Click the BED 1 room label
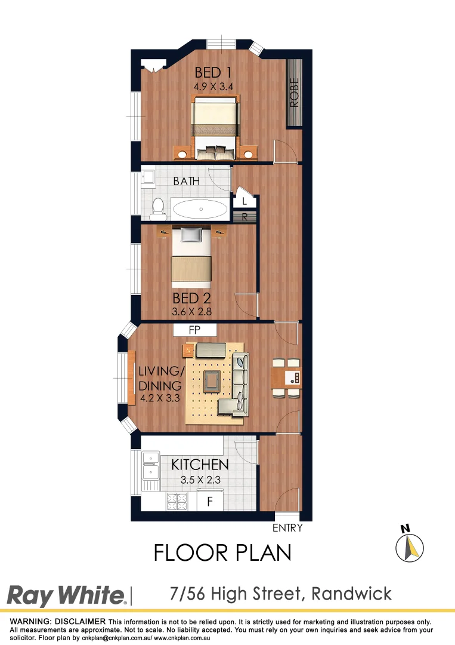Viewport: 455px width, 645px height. click(213, 73)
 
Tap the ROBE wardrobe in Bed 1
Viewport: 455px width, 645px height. click(295, 93)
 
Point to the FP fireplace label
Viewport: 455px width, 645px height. click(194, 329)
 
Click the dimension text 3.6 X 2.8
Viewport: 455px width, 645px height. click(192, 311)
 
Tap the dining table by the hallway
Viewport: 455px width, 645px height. click(286, 377)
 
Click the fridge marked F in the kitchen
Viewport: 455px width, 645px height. click(209, 502)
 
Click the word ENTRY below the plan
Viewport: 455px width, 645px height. click(287, 528)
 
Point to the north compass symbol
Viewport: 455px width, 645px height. click(410, 545)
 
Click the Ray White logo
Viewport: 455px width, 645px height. click(66, 595)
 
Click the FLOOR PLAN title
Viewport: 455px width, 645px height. click(222, 552)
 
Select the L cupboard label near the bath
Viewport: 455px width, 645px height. click(244, 201)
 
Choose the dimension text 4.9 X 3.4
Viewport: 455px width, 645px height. click(213, 87)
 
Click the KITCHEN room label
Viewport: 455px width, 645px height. click(200, 465)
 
